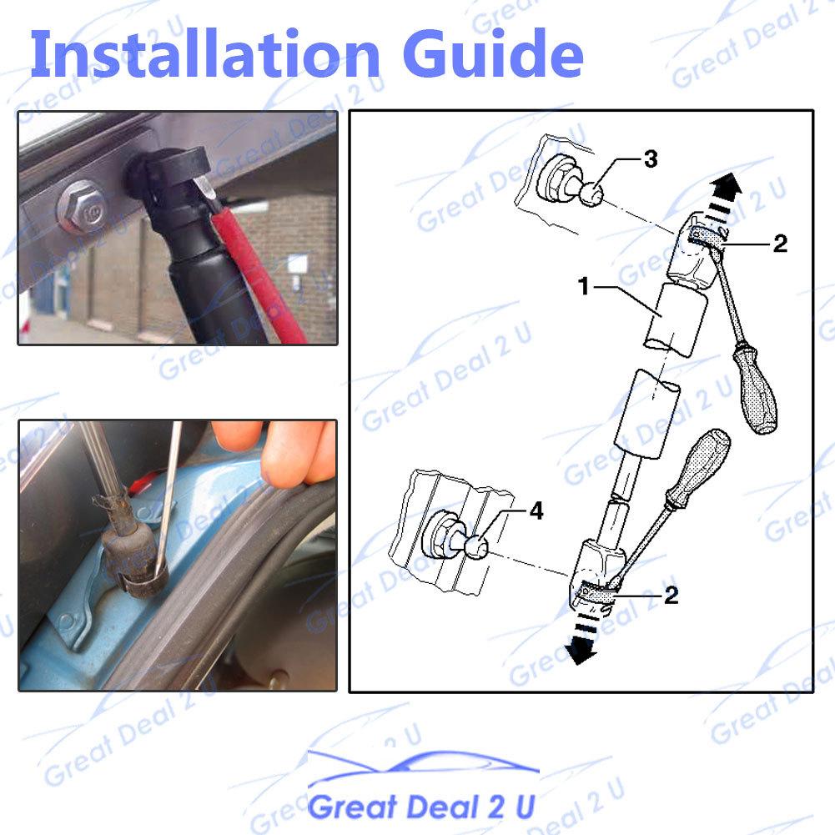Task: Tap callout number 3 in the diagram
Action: tap(651, 159)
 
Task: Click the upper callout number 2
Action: tap(780, 243)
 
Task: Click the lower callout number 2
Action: tap(671, 595)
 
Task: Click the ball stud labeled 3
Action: tap(592, 197)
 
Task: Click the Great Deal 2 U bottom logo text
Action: tap(421, 807)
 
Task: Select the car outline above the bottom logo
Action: tap(421, 767)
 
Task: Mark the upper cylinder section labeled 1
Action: tap(676, 319)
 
